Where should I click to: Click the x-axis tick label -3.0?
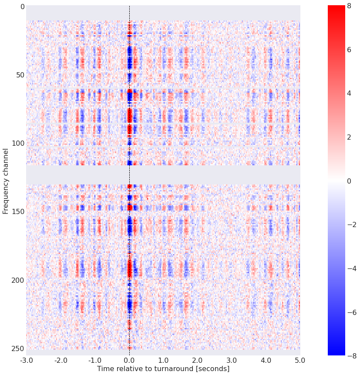(26, 360)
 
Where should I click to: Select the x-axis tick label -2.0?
(61, 360)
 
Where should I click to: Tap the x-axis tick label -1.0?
(94, 360)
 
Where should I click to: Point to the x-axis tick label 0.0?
(129, 360)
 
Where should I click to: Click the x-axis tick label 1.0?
(163, 360)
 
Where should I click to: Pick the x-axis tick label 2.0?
(198, 360)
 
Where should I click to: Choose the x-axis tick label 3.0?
(232, 360)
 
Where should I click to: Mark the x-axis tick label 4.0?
(266, 360)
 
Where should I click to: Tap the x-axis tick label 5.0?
(300, 360)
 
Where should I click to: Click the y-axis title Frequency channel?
(6, 181)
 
